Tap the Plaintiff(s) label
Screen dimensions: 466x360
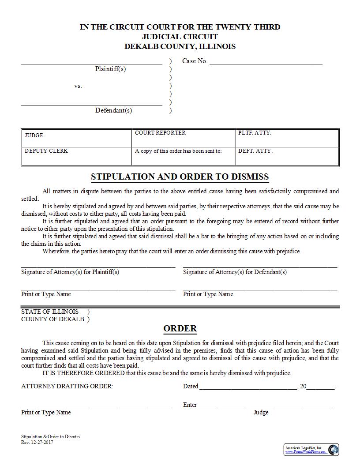[110, 69]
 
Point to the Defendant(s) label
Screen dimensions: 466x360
[113, 110]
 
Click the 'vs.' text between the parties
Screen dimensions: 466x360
[78, 86]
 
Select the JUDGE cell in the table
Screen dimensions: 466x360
[76, 138]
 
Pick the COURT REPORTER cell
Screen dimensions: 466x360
[183, 138]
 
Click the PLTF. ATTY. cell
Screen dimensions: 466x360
[287, 138]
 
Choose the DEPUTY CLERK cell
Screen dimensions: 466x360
[76, 156]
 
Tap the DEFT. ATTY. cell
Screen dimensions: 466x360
[287, 156]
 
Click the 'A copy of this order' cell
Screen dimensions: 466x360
[183, 156]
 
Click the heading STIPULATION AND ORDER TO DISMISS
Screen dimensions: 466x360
[180, 177]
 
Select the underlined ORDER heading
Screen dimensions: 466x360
[180, 329]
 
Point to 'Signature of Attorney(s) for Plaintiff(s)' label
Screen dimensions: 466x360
[70, 272]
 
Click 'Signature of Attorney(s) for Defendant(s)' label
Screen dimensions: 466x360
[235, 272]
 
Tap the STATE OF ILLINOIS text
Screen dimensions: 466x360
[50, 312]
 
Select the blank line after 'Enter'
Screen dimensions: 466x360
[266, 406]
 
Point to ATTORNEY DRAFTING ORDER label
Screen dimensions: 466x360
[67, 387]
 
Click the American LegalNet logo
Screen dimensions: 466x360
[311, 450]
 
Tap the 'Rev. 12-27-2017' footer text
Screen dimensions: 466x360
[37, 443]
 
